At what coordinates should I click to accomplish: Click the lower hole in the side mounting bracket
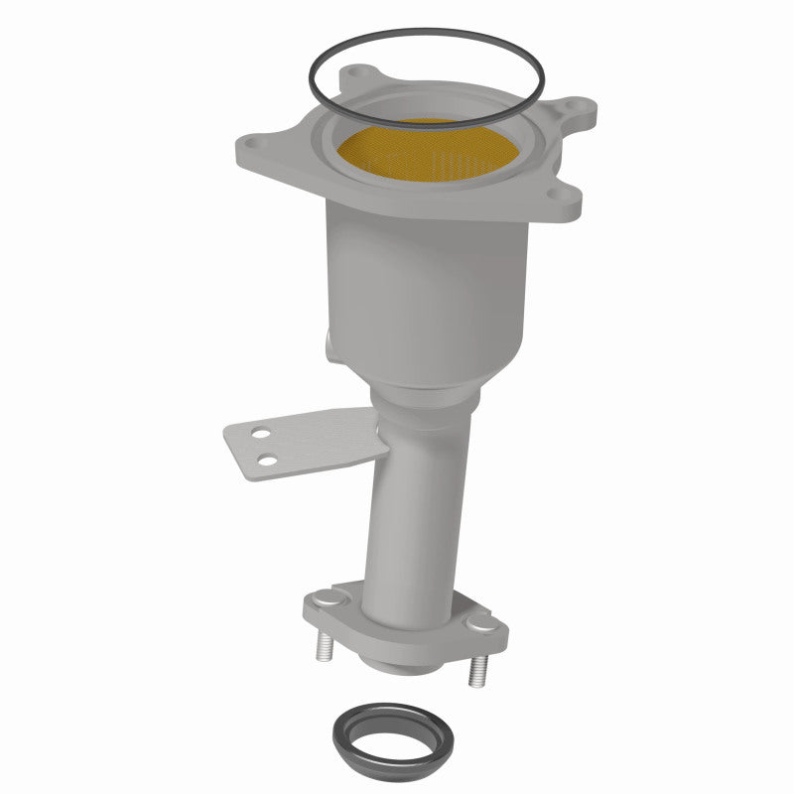tap(267, 459)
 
